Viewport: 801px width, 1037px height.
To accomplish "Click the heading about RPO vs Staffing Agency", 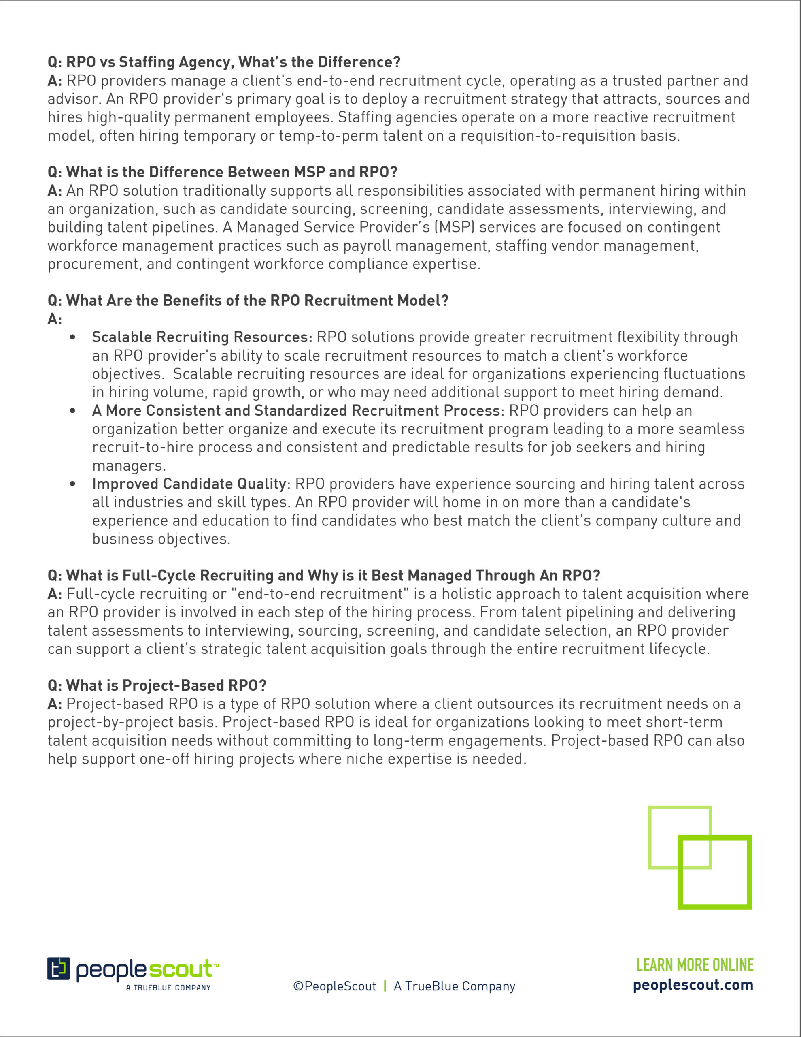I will [x=224, y=62].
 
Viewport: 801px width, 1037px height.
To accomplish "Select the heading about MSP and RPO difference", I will [x=222, y=172].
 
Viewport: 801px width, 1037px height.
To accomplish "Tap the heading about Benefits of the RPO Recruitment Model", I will [x=248, y=301].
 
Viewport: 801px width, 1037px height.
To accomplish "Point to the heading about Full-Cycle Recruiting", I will [x=324, y=576].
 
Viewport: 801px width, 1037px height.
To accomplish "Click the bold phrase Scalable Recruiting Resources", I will [x=202, y=337].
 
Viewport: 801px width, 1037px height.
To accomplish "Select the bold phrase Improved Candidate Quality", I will [x=189, y=484].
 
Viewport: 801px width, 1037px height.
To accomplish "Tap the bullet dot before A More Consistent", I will [x=72, y=411].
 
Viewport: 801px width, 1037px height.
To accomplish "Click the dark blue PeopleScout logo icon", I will [x=58, y=969].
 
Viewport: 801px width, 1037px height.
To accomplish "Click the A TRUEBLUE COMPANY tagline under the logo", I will [x=168, y=988].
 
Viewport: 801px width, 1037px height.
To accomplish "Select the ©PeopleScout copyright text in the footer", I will [x=335, y=986].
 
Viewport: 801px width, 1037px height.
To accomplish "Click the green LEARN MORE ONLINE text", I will [x=694, y=965].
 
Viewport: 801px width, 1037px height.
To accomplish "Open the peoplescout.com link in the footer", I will [x=693, y=985].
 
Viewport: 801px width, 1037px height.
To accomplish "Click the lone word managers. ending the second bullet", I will [x=129, y=466].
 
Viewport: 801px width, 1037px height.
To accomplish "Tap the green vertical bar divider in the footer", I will [x=385, y=986].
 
